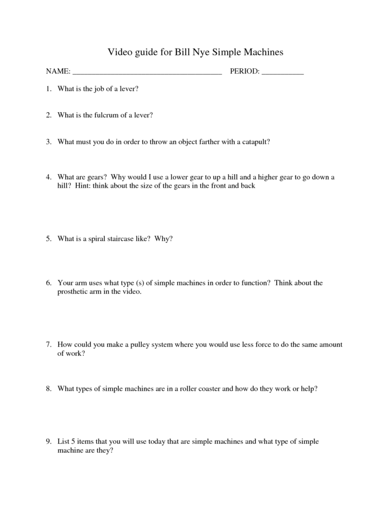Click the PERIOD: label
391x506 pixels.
coord(244,71)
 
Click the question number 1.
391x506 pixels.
coord(48,89)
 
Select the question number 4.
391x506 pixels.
coord(48,177)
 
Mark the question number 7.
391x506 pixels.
coord(48,344)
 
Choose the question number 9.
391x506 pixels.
coord(48,441)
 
